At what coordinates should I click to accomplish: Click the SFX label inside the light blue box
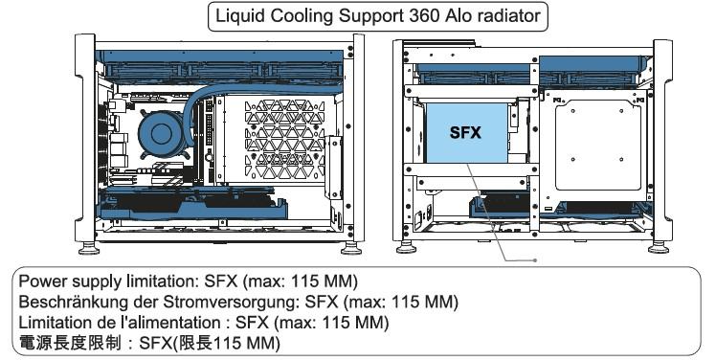click(465, 132)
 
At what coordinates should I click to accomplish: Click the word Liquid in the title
click(240, 17)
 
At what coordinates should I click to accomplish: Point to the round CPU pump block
click(161, 133)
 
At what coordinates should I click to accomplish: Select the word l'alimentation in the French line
click(169, 323)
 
